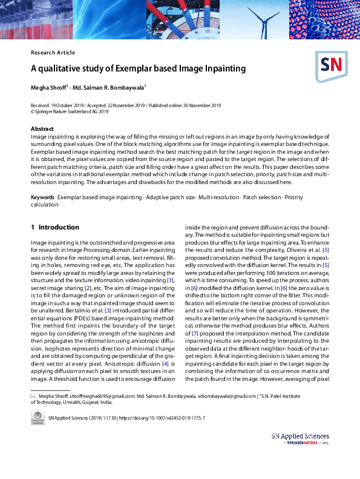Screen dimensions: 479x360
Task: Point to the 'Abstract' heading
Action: [42, 129]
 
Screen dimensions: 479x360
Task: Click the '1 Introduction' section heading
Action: [55, 227]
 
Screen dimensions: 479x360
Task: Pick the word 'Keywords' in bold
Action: [42, 198]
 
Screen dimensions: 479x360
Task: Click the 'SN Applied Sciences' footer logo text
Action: [300, 436]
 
